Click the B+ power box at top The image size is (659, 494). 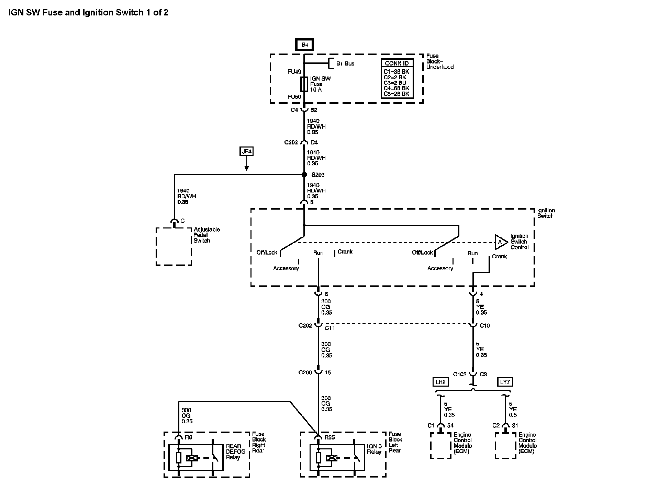click(x=304, y=45)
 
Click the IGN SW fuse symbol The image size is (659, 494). click(x=304, y=84)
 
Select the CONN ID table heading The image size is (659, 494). click(x=396, y=63)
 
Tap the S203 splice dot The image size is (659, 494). click(x=304, y=175)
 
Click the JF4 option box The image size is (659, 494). click(x=246, y=151)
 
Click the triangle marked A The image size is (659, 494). click(x=501, y=242)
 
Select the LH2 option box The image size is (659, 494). click(x=440, y=381)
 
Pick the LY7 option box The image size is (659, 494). click(x=505, y=381)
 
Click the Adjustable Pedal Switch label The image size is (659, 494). click(x=206, y=235)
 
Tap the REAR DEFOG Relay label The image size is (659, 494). click(x=235, y=452)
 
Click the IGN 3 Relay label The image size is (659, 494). click(x=374, y=449)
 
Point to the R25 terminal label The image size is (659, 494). click(x=329, y=437)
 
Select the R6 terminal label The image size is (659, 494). click(x=188, y=437)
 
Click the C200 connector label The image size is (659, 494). click(x=305, y=372)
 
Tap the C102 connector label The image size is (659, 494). click(x=459, y=374)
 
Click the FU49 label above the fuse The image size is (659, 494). click(x=294, y=72)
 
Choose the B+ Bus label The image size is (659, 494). click(x=345, y=63)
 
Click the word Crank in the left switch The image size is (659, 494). click(x=345, y=251)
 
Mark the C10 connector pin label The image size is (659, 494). click(x=484, y=326)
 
